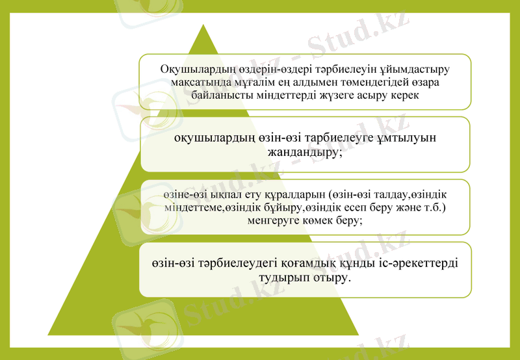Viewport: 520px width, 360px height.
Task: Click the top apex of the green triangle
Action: coord(203,25)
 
